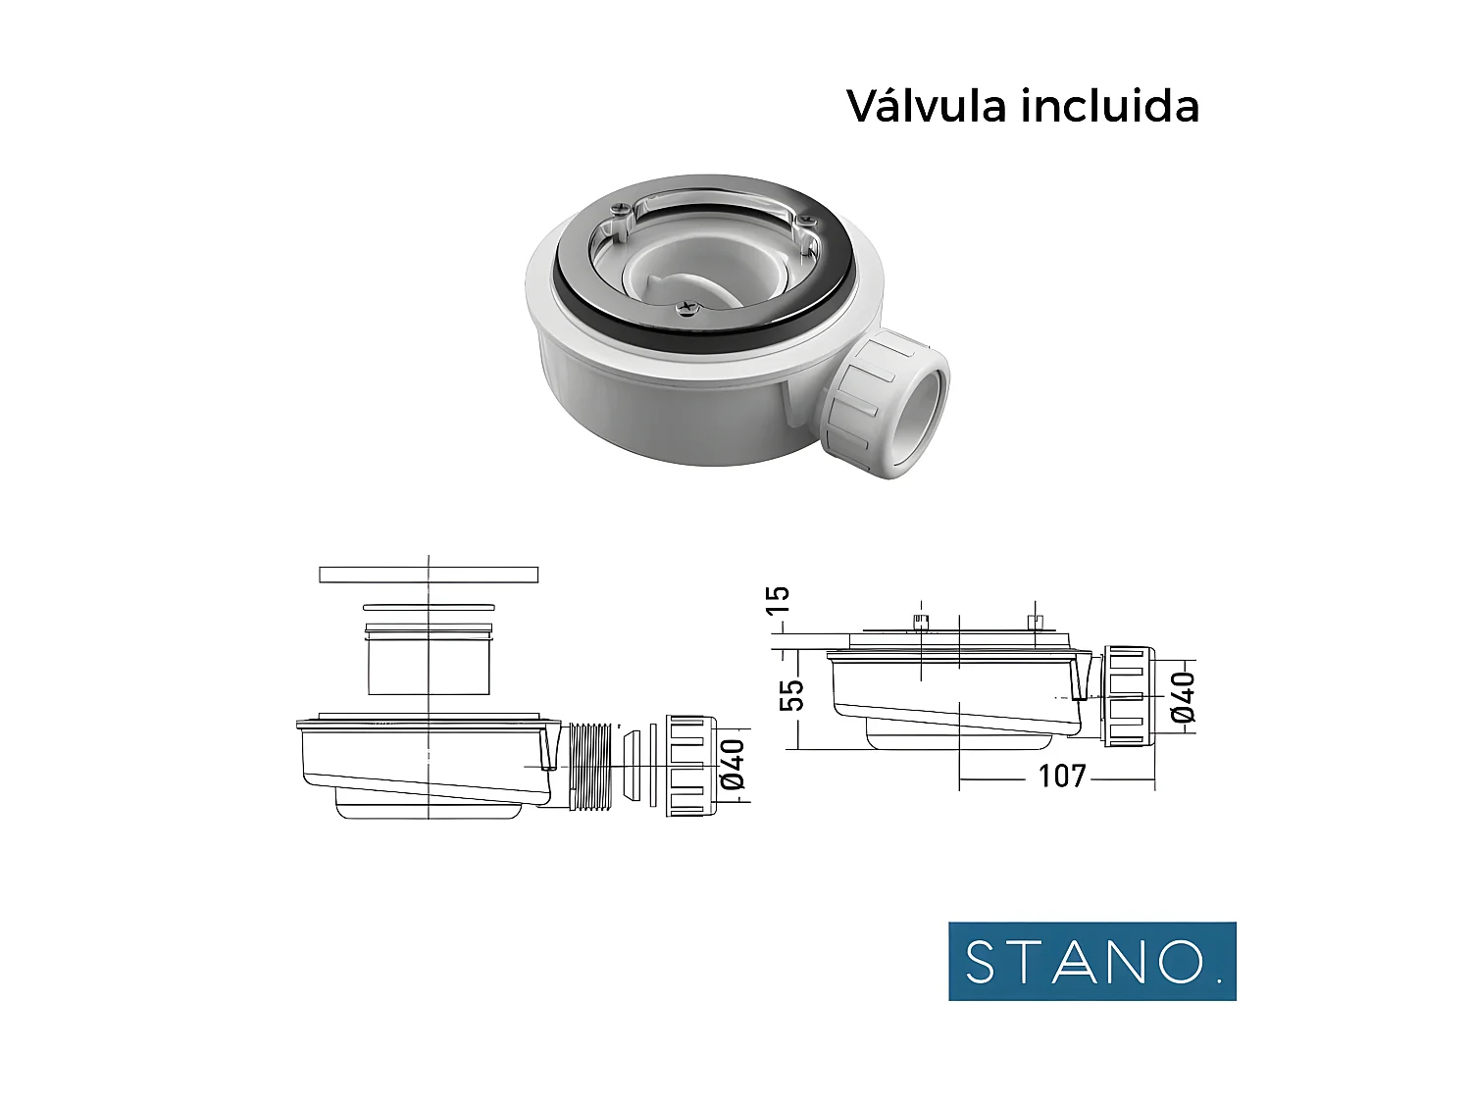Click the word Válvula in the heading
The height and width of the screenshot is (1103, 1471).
pyautogui.click(x=927, y=106)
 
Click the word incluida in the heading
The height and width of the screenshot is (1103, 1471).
pyautogui.click(x=1110, y=106)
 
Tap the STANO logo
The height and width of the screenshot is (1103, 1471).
pyautogui.click(x=1091, y=961)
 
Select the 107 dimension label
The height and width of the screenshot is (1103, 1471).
pyautogui.click(x=1062, y=777)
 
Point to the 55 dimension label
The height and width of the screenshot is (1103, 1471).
pyautogui.click(x=791, y=695)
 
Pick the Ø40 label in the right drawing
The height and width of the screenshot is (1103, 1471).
pyautogui.click(x=1184, y=697)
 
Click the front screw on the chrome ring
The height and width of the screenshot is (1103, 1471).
pyautogui.click(x=686, y=310)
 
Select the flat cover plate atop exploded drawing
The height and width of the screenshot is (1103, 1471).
pyautogui.click(x=429, y=575)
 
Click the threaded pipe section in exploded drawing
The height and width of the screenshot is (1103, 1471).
pyautogui.click(x=592, y=766)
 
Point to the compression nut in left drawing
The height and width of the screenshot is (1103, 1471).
pyautogui.click(x=685, y=766)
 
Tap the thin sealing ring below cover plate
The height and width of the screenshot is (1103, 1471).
pyautogui.click(x=429, y=608)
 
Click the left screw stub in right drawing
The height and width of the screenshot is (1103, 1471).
pyautogui.click(x=921, y=623)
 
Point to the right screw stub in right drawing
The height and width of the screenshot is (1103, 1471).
pyautogui.click(x=1035, y=623)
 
